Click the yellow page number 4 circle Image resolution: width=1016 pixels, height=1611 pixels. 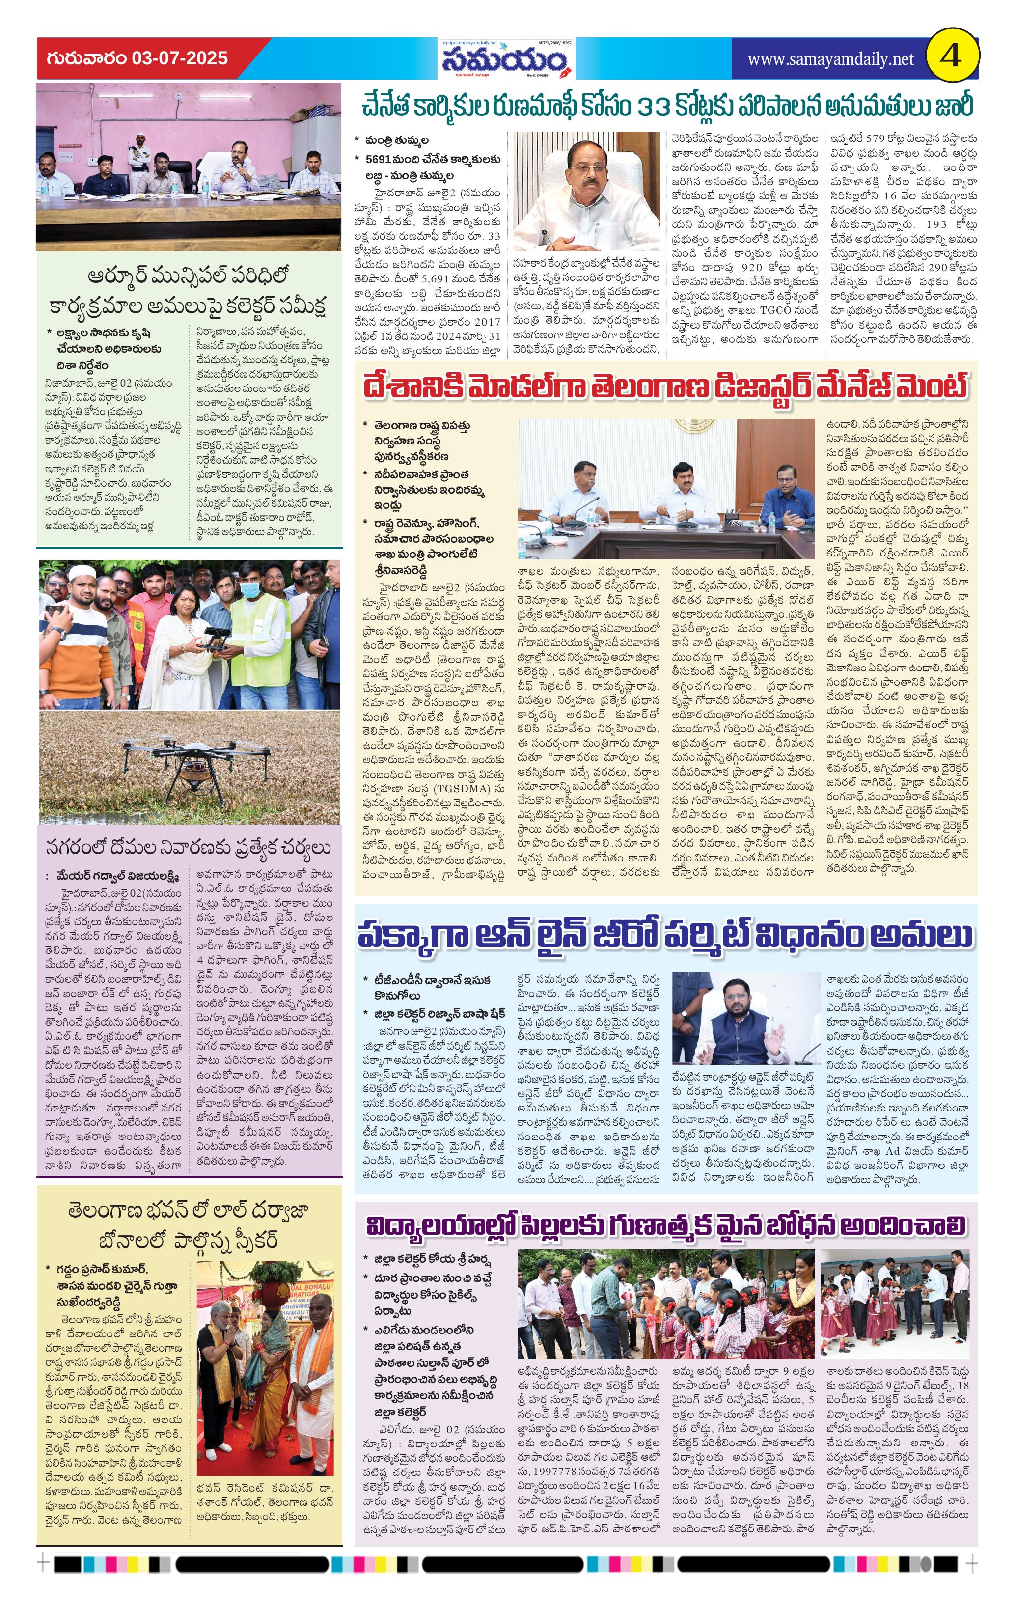pos(951,56)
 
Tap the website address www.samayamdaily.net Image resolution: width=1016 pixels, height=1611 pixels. pos(830,59)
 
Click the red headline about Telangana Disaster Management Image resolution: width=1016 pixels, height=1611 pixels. pos(665,388)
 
